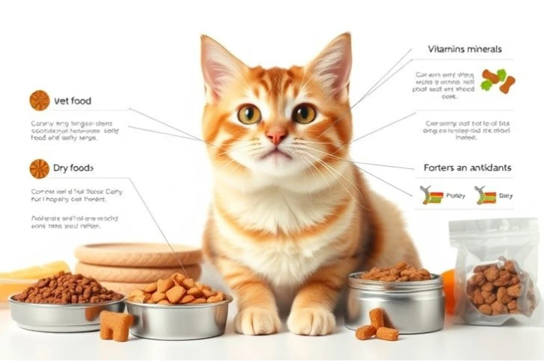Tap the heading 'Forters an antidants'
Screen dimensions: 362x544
(x=467, y=168)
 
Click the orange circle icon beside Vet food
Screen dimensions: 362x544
(x=39, y=100)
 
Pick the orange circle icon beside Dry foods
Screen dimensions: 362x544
(x=39, y=168)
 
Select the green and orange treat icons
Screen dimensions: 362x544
(x=497, y=80)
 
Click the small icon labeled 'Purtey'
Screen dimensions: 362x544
(x=433, y=196)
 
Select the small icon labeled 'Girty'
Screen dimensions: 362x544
(x=485, y=196)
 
